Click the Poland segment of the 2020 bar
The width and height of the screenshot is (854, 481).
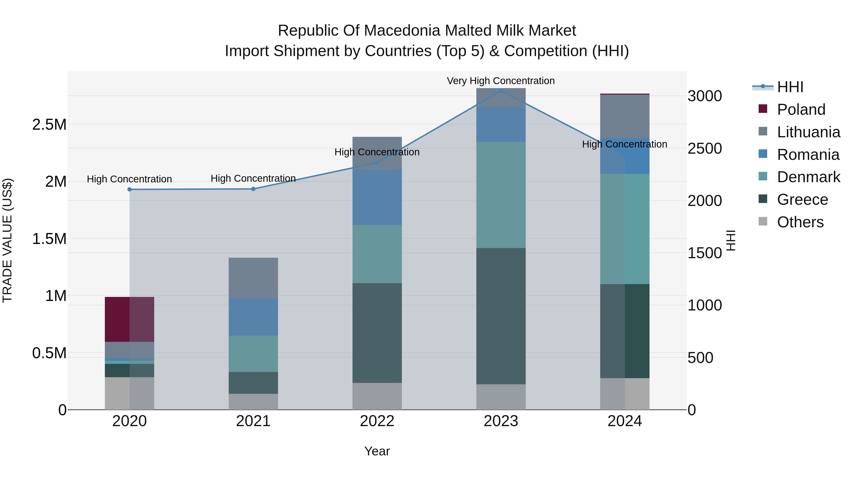click(x=129, y=319)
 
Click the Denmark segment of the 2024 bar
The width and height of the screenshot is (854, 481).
click(x=625, y=229)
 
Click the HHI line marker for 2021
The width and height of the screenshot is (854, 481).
click(x=253, y=189)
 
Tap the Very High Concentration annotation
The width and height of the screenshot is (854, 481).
click(x=501, y=81)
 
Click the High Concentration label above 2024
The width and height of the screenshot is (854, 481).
click(x=625, y=144)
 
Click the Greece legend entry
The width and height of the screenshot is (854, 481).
click(x=802, y=200)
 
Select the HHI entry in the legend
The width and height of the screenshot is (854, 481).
click(x=790, y=87)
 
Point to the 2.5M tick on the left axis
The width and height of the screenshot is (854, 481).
click(x=49, y=124)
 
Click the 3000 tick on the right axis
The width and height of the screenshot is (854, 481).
click(x=705, y=96)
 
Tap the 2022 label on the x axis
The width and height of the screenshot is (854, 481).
click(x=377, y=421)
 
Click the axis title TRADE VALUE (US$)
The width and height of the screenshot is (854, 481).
click(x=7, y=240)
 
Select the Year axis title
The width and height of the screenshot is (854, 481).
click(x=377, y=451)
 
